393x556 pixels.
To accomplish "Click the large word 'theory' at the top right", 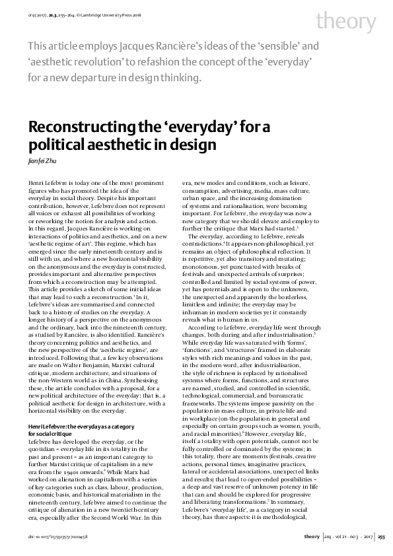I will tap(345, 22).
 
